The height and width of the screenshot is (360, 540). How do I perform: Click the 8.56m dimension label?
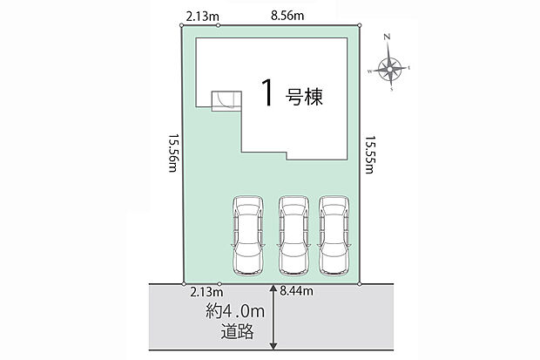[287, 16]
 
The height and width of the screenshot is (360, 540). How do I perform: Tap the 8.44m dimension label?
[296, 291]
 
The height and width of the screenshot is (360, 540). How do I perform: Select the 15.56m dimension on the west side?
[172, 153]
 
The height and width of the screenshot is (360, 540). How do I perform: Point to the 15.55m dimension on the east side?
[370, 154]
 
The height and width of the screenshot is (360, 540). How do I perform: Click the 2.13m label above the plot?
[202, 17]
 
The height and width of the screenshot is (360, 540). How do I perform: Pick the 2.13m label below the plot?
[206, 292]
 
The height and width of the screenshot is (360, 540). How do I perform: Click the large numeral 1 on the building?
[267, 92]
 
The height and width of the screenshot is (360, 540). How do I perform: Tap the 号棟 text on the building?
[304, 97]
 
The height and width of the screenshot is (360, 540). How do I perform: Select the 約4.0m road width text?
[235, 311]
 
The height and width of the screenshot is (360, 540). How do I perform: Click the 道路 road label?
[238, 331]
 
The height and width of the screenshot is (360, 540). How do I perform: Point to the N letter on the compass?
[387, 37]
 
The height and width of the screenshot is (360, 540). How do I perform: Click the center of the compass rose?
[389, 70]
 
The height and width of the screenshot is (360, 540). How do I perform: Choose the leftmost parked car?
[248, 236]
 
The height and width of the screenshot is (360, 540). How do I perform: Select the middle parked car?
[294, 236]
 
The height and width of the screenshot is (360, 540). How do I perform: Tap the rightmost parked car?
[334, 236]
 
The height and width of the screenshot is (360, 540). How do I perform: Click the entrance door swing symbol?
[226, 101]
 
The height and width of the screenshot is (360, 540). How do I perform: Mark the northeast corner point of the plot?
[360, 25]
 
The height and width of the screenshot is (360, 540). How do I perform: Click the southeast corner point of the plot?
[360, 284]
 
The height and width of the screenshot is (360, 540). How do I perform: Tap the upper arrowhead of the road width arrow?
[273, 289]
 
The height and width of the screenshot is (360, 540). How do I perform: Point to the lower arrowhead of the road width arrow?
[273, 345]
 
